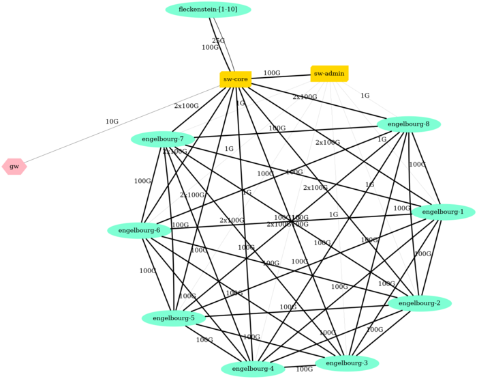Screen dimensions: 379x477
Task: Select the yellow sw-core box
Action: coord(235,79)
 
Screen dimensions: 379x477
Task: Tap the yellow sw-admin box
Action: coord(329,74)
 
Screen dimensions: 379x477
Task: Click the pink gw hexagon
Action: coord(14,167)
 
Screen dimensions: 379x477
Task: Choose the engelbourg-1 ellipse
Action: coord(443,212)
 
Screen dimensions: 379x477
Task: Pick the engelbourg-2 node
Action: coord(419,303)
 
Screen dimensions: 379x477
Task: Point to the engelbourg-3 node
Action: coord(347,363)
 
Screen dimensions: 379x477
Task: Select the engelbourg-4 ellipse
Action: coord(253,369)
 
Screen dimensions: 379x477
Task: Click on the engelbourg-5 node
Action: coord(173,318)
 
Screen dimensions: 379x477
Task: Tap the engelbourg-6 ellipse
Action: coord(139,231)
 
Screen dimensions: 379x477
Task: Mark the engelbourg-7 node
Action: coord(163,139)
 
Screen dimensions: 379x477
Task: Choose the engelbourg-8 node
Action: coord(408,124)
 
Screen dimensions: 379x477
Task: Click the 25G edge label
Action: coord(218,41)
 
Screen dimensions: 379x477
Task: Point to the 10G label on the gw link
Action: coord(112,122)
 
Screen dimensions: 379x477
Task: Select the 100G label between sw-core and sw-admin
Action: coord(272,73)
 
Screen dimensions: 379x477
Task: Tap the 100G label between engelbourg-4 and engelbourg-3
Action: coord(304,369)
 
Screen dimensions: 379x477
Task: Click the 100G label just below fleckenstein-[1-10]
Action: coord(210,48)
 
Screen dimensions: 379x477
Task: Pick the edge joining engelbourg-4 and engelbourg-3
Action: coord(300,365)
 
